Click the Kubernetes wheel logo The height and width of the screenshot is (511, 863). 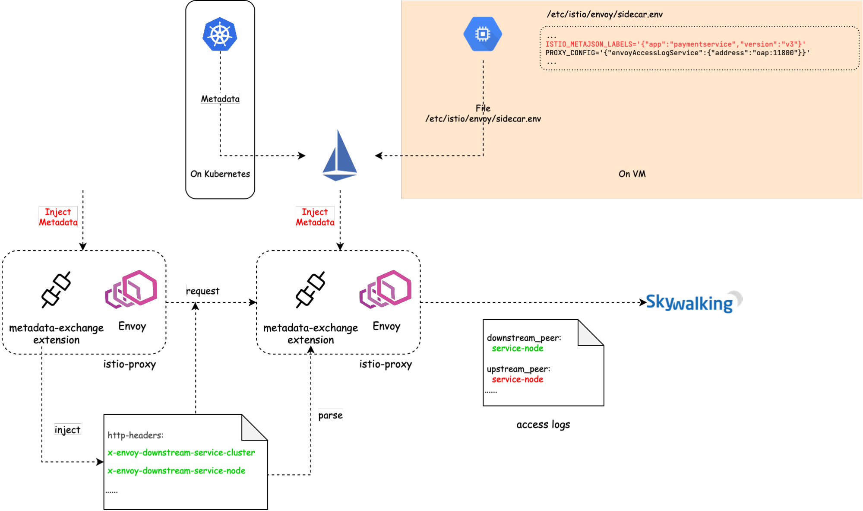[220, 35]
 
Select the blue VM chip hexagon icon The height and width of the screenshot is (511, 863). [483, 34]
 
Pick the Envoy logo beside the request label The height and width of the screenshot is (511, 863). [131, 289]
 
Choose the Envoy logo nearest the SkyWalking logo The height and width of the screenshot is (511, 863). [386, 289]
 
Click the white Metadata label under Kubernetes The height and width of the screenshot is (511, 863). [220, 99]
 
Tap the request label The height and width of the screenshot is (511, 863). [203, 291]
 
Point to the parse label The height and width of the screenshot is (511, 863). [330, 415]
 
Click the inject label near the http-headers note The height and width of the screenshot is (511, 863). [67, 430]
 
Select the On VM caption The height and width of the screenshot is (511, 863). [632, 174]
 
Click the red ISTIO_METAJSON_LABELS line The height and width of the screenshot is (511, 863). [675, 44]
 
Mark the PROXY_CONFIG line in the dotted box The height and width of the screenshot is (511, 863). [677, 53]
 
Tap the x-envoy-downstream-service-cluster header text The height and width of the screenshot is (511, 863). [181, 453]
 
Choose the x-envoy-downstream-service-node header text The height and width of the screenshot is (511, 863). [177, 471]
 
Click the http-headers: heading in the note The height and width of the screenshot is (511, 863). [136, 435]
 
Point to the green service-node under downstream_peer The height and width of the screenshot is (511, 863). [518, 349]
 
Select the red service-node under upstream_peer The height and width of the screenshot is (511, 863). [518, 380]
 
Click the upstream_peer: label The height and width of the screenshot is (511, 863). [518, 369]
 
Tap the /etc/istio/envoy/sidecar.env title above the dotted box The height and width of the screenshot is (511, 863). [604, 15]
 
